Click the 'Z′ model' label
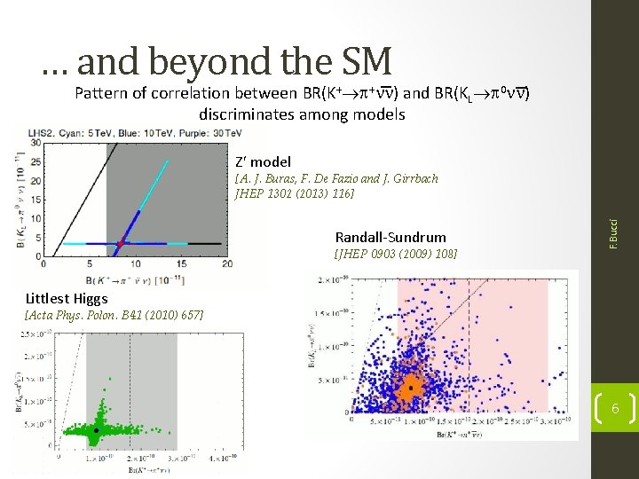[x=263, y=162]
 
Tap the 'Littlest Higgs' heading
[x=67, y=299]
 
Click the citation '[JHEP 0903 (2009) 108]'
[x=396, y=254]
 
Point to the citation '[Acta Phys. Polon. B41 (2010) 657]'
[x=114, y=316]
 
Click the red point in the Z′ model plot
[x=120, y=242]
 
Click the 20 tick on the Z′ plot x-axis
[x=226, y=263]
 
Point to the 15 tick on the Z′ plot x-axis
[x=181, y=263]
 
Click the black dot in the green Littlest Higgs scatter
[x=97, y=430]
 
